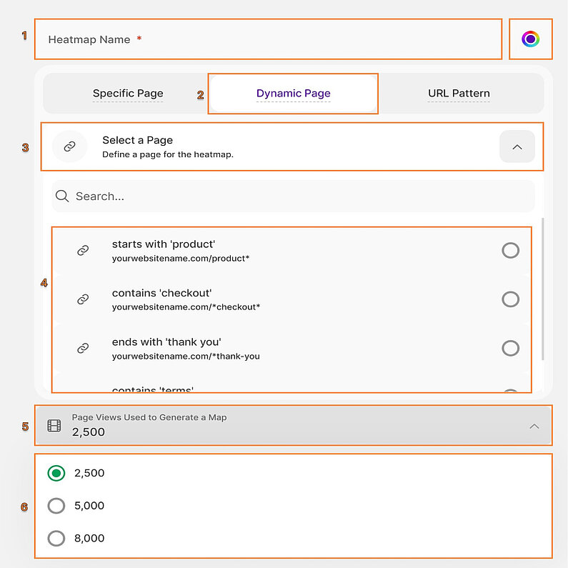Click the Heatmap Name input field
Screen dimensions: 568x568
pyautogui.click(x=268, y=39)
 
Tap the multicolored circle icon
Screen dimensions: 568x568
pyautogui.click(x=530, y=39)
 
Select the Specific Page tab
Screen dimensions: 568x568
pyautogui.click(x=128, y=94)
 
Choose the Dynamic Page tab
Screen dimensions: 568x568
pyautogui.click(x=293, y=94)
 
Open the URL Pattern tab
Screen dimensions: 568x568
pyautogui.click(x=459, y=94)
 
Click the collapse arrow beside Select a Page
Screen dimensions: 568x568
pyautogui.click(x=517, y=146)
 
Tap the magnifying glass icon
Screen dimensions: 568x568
pyautogui.click(x=62, y=196)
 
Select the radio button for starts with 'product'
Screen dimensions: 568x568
pyautogui.click(x=510, y=250)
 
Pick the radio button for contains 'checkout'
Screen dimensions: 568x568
pyautogui.click(x=510, y=299)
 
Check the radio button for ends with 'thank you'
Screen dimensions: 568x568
pyautogui.click(x=510, y=348)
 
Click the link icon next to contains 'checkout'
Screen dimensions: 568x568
pyautogui.click(x=83, y=299)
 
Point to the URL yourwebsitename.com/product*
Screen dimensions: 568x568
pyautogui.click(x=181, y=258)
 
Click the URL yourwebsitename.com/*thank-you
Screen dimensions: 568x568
pyautogui.click(x=186, y=356)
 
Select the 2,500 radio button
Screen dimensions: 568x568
pyautogui.click(x=56, y=473)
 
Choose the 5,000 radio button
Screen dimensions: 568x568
pyautogui.click(x=56, y=506)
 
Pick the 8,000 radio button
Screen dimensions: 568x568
pyautogui.click(x=56, y=538)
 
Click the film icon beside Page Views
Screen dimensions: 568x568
pyautogui.click(x=54, y=426)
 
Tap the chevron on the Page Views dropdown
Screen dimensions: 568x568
pyautogui.click(x=534, y=426)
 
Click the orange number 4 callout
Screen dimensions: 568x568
pyautogui.click(x=44, y=283)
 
